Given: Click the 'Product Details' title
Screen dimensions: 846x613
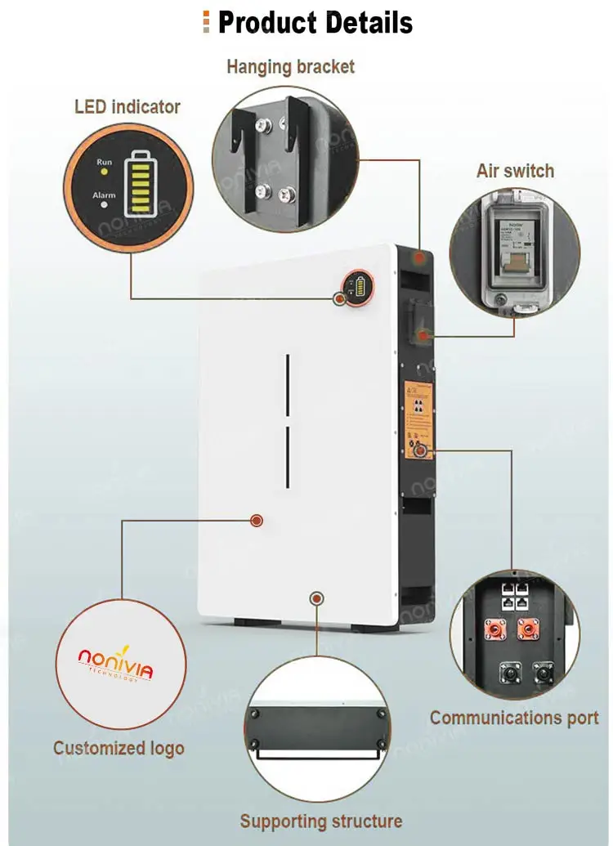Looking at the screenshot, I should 315,23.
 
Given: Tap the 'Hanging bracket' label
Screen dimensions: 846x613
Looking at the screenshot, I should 291,67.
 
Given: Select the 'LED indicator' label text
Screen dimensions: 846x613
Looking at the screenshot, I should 128,107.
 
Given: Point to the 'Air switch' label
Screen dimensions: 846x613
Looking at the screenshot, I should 515,171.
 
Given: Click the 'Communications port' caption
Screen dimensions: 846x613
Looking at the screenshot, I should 514,718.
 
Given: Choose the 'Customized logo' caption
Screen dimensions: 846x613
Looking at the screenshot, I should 119,748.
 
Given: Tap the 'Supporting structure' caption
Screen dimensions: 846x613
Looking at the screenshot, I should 321,821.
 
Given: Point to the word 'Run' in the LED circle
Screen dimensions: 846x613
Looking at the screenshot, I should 105,162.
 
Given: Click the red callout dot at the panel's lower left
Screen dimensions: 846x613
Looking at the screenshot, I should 257,520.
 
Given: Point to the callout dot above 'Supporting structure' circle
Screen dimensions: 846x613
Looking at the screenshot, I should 316,599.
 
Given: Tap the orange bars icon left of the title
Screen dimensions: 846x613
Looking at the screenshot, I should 207,23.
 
